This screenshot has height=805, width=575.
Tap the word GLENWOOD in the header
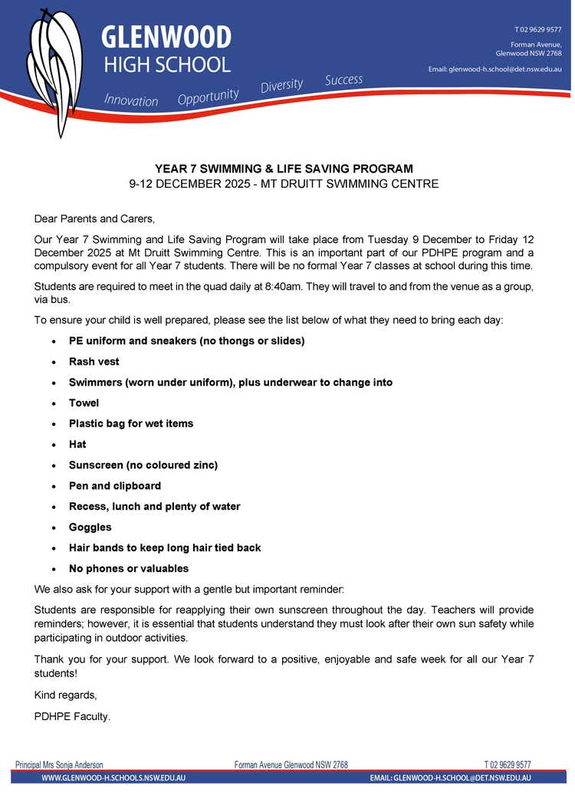pyautogui.click(x=166, y=37)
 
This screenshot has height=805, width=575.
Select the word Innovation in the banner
pyautogui.click(x=131, y=100)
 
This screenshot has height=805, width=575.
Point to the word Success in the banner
pyautogui.click(x=343, y=80)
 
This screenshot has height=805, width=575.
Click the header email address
pyautogui.click(x=495, y=69)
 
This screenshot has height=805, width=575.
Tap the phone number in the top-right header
pyautogui.click(x=538, y=29)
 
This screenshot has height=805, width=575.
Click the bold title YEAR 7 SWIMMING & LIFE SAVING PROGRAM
pyautogui.click(x=284, y=169)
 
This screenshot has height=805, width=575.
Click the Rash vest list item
pyautogui.click(x=94, y=361)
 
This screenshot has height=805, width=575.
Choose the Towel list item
pyautogui.click(x=84, y=402)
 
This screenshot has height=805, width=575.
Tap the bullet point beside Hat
pyautogui.click(x=52, y=445)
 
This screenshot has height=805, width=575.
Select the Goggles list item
pyautogui.click(x=90, y=527)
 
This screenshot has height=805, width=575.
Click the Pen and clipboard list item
pyautogui.click(x=115, y=485)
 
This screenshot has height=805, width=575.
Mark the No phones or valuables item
pyautogui.click(x=129, y=568)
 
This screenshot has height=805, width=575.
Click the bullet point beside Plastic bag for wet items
pyautogui.click(x=52, y=424)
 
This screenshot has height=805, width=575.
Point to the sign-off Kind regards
pyautogui.click(x=66, y=695)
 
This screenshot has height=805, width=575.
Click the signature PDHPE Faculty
pyautogui.click(x=72, y=716)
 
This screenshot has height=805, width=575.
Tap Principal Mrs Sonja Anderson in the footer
pyautogui.click(x=59, y=764)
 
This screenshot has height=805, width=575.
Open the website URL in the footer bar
pyautogui.click(x=113, y=777)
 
